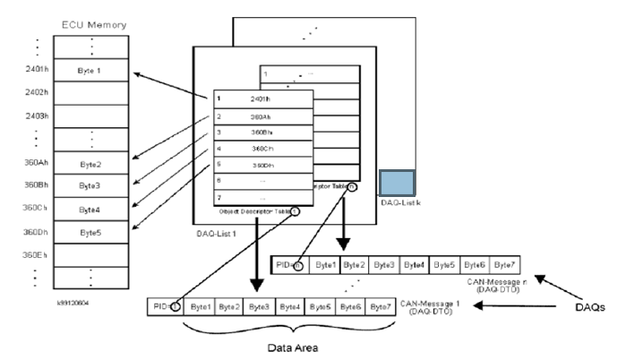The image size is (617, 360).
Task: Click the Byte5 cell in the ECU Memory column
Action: point(86,232)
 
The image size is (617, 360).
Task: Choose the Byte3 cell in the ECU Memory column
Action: point(86,185)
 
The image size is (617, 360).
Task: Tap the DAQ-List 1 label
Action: point(217,232)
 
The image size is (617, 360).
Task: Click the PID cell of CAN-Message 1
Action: point(165,306)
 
